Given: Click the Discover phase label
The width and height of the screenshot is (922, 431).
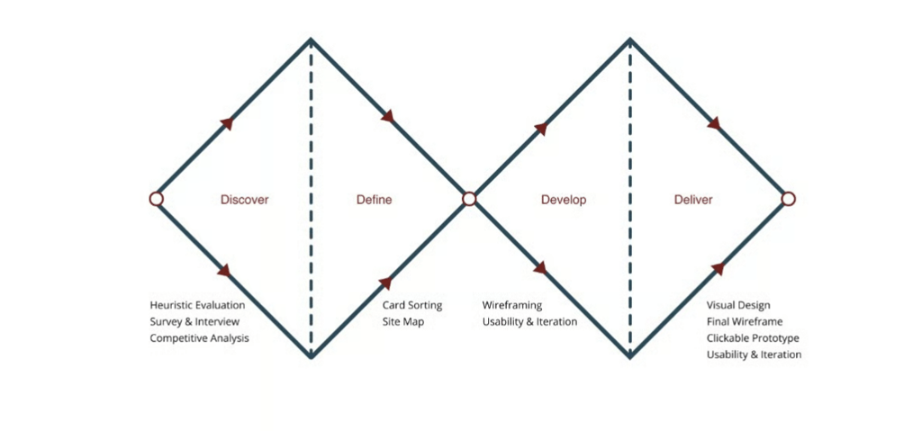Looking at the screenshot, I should coord(244,200).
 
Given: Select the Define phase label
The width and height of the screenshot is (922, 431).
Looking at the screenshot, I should coord(374,200).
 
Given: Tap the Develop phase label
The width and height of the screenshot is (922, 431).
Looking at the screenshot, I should coord(563,200).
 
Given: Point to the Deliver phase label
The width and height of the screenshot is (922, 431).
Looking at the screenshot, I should coord(692,200).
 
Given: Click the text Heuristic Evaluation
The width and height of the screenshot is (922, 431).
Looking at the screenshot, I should coord(197,305).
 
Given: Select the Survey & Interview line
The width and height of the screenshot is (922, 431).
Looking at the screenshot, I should coord(194,321).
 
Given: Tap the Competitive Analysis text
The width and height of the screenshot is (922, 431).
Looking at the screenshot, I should coord(199,338).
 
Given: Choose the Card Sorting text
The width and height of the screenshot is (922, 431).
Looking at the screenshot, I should coord(411,305).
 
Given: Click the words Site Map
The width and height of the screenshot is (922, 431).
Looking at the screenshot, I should coord(402,321).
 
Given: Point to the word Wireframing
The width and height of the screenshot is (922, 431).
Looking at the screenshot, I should coord(511,305).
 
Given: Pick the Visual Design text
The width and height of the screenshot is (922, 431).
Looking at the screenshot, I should coord(737,305).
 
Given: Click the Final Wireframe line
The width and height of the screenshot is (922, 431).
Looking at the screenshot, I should coord(744,321).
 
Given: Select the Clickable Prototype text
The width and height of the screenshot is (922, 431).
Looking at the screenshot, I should coord(752,338).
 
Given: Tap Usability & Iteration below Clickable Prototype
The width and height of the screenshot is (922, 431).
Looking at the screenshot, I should coord(754,355).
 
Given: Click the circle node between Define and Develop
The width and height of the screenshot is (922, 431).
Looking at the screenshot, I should coord(468,199).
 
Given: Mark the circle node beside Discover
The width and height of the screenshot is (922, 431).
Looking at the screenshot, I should coord(156,199).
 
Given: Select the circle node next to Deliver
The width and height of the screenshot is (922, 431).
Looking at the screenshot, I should coord(788,199).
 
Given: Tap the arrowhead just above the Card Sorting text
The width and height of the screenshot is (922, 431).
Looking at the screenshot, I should coord(385,283).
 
